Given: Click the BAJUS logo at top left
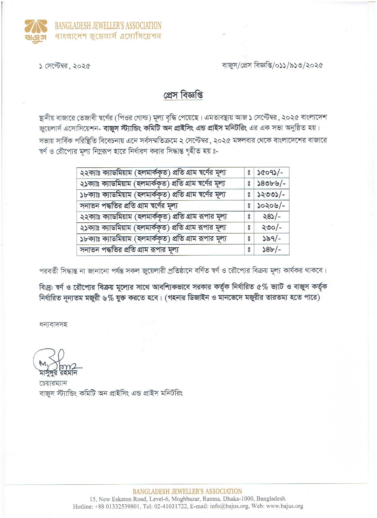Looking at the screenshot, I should (36, 30).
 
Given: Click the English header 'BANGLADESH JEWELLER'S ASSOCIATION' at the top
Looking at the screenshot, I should (108, 25).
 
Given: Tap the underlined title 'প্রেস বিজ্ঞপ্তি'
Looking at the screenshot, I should (183, 96).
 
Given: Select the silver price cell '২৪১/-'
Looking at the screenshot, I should (271, 217).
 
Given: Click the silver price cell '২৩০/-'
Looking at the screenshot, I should (271, 228).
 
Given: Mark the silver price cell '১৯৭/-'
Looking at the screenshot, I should (271, 239).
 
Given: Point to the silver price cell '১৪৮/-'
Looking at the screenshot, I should (271, 250).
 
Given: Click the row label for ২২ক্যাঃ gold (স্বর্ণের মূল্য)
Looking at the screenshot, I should (153, 173).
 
